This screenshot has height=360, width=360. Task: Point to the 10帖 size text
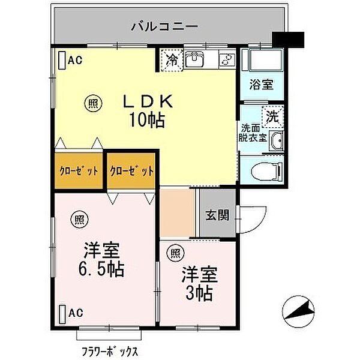(146, 120)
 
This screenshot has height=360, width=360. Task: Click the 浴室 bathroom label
(261, 85)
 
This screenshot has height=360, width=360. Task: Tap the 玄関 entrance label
(217, 215)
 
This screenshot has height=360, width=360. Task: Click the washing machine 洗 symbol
(272, 117)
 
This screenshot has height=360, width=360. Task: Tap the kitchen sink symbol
(194, 59)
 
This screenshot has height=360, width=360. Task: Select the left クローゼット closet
(79, 171)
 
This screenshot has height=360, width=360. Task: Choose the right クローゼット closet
(131, 171)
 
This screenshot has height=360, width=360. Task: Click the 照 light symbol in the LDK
(92, 101)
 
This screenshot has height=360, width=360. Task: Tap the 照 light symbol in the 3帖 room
(174, 253)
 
